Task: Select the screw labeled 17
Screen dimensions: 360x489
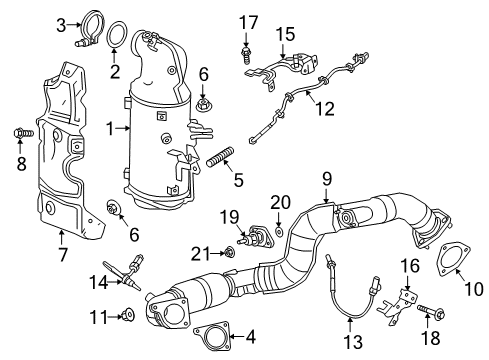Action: (x=245, y=44)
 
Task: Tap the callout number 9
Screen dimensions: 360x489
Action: (x=325, y=178)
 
